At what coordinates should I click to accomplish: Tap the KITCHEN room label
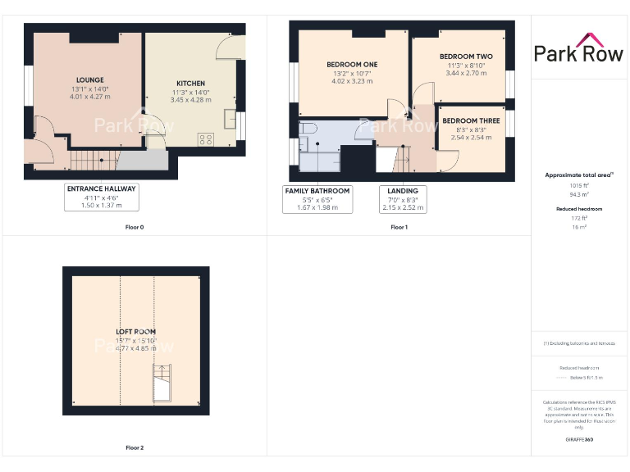[x=190, y=84]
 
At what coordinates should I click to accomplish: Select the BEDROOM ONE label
[x=352, y=65]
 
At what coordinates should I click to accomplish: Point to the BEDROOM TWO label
[x=465, y=57]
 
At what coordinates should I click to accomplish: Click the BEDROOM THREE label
[x=471, y=120]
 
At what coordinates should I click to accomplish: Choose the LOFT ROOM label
[x=135, y=332]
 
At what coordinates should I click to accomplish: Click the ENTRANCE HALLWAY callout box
[x=102, y=197]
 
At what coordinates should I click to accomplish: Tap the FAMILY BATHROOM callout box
[x=317, y=199]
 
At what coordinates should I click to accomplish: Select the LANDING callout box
[x=402, y=199]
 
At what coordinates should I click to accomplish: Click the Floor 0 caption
[x=135, y=227]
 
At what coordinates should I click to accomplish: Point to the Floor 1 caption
[x=399, y=227]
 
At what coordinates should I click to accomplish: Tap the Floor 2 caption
[x=135, y=448]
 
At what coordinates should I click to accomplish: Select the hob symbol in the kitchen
[x=205, y=139]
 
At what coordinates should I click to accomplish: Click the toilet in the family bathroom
[x=308, y=129]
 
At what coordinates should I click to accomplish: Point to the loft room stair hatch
[x=162, y=384]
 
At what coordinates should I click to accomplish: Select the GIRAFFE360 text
[x=579, y=440]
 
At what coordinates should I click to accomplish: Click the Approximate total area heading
[x=579, y=175]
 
